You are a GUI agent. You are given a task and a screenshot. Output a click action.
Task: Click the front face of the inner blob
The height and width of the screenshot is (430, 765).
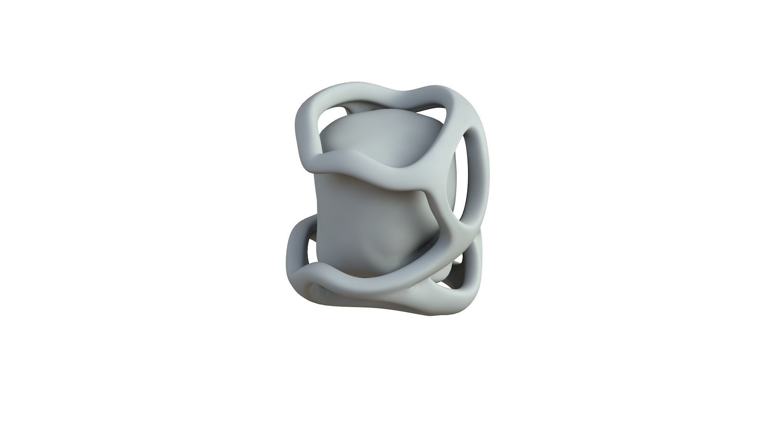[x=359, y=215]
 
